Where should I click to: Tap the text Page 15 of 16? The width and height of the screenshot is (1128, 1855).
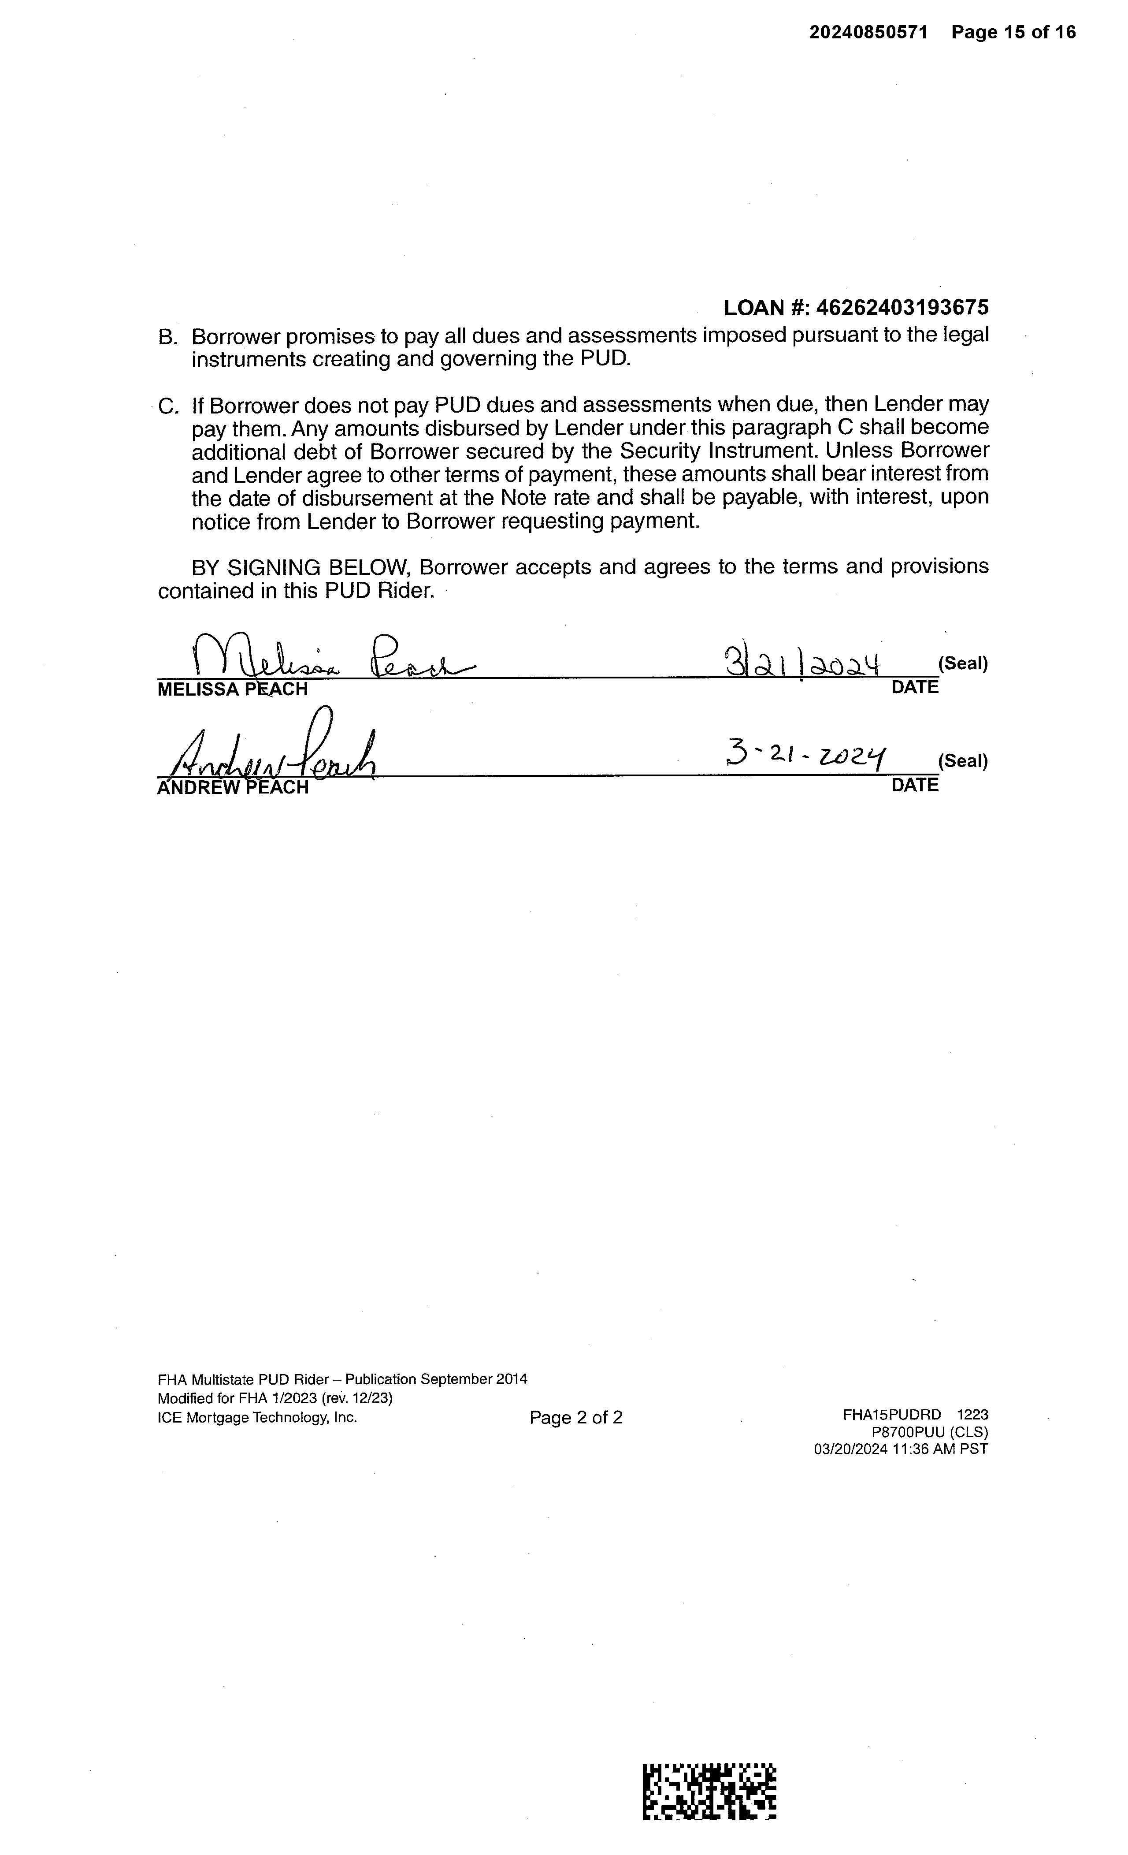click(1013, 32)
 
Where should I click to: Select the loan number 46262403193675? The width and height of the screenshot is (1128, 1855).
click(902, 307)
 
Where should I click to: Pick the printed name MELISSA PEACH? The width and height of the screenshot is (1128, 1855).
click(233, 689)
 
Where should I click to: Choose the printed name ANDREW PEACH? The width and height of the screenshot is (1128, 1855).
click(233, 787)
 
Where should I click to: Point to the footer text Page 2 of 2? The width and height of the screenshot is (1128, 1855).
click(575, 1418)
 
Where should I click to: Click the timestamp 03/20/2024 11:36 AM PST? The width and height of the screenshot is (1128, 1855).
click(901, 1449)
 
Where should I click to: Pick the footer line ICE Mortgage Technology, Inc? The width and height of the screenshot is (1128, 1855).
click(257, 1418)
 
